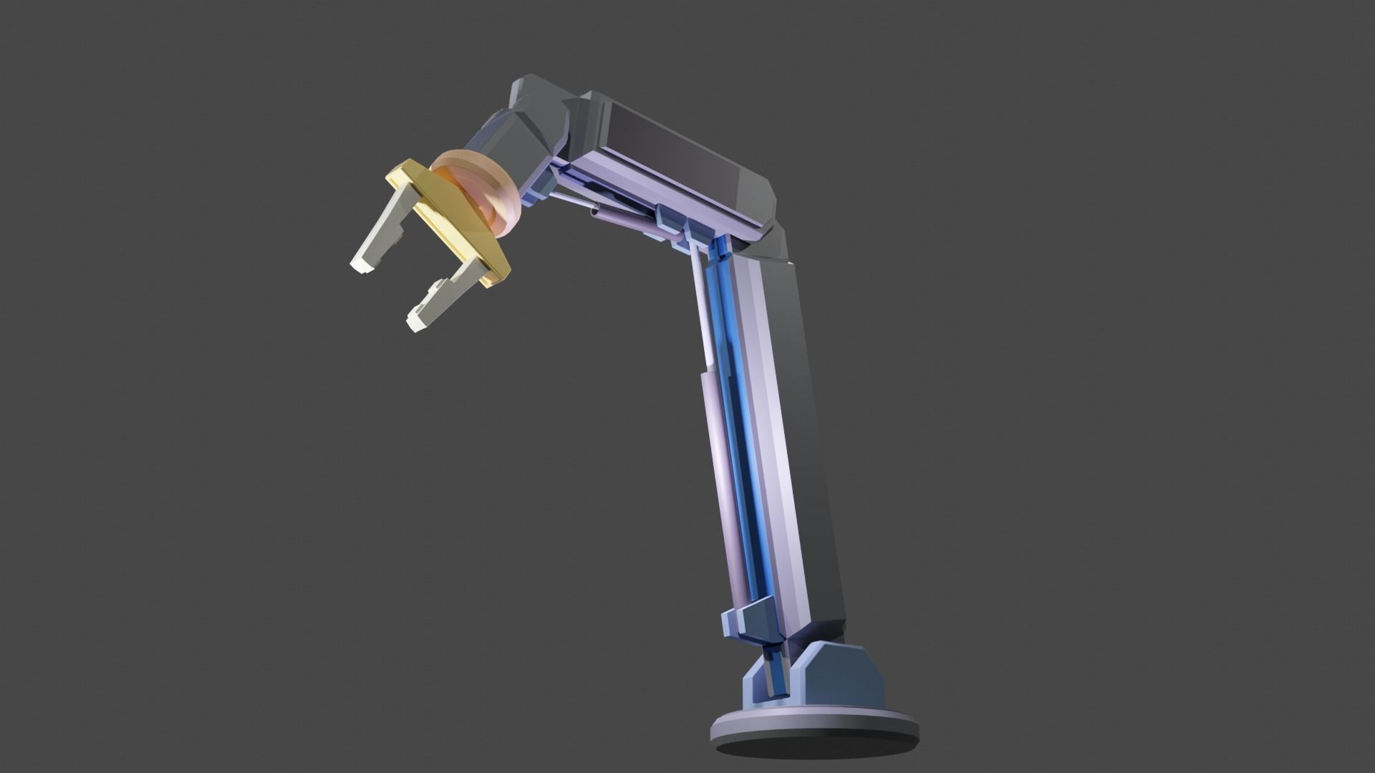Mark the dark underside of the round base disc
(x=816, y=759)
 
